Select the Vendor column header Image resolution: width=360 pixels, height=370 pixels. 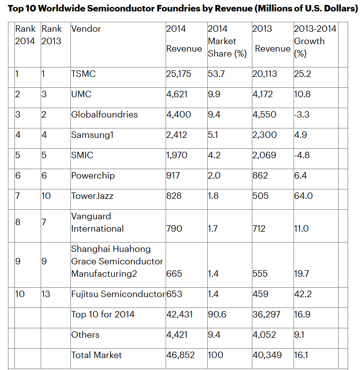[86, 29]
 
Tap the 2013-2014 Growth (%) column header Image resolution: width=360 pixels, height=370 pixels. [315, 41]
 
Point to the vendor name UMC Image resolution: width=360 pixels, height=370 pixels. [81, 94]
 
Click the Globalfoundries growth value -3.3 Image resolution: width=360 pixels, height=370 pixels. [303, 115]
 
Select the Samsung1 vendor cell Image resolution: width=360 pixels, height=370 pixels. [93, 135]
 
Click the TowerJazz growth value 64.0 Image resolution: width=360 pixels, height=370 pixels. [303, 196]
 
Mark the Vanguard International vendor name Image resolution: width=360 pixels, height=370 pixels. [97, 222]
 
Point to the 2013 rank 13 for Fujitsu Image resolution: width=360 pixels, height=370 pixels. [46, 294]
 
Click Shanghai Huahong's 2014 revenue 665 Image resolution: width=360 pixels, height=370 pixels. [174, 274]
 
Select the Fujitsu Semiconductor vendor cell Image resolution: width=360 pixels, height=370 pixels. [118, 294]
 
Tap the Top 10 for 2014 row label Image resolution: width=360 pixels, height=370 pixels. [103, 314]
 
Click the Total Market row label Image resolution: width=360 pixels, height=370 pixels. [96, 355]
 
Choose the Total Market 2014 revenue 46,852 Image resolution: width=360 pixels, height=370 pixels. [180, 355]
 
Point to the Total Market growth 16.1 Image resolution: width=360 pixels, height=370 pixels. [301, 355]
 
